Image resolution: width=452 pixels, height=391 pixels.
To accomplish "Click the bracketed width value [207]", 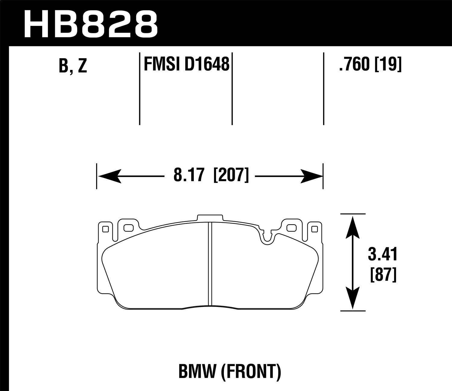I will (231, 175).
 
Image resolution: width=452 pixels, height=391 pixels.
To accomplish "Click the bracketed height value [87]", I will (382, 275).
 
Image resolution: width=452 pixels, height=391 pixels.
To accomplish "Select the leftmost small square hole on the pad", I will (105, 229).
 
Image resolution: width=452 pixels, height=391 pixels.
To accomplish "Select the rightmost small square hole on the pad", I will (315, 229).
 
